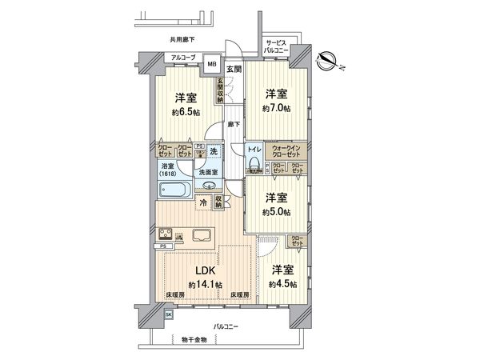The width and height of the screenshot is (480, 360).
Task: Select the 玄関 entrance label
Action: (x=233, y=69)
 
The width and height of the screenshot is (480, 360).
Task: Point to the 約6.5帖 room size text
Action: (x=186, y=112)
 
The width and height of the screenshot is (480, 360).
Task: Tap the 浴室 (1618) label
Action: (x=166, y=170)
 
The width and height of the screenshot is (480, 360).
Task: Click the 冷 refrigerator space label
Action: (x=204, y=204)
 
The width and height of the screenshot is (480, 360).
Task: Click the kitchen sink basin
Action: (x=200, y=234)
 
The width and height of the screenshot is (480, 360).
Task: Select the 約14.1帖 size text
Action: (x=205, y=284)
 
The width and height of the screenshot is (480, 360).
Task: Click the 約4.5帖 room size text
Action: (x=284, y=284)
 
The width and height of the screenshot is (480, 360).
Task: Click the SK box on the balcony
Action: (x=168, y=314)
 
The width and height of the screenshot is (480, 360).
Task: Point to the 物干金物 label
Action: (x=193, y=340)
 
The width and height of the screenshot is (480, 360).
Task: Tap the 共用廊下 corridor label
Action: (x=183, y=38)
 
